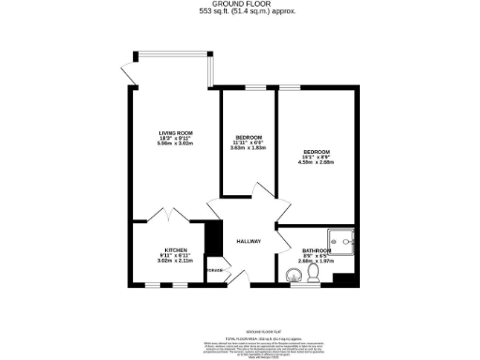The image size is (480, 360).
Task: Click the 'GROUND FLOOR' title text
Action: pyautogui.click(x=239, y=5)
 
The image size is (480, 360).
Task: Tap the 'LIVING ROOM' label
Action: pyautogui.click(x=174, y=133)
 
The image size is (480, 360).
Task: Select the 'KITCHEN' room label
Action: pyautogui.click(x=176, y=249)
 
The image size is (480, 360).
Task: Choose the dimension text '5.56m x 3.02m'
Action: pyautogui.click(x=174, y=144)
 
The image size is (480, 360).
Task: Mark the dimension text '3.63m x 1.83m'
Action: pyautogui.click(x=248, y=148)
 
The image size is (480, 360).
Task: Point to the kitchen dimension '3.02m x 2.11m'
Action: pyautogui.click(x=176, y=261)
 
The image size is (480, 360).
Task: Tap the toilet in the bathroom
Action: pyautogui.click(x=313, y=273)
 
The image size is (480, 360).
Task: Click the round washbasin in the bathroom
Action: pyautogui.click(x=294, y=275)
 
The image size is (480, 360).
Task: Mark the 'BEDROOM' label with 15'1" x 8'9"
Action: pyautogui.click(x=316, y=150)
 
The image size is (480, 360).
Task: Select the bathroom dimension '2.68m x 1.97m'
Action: pyautogui.click(x=316, y=262)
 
